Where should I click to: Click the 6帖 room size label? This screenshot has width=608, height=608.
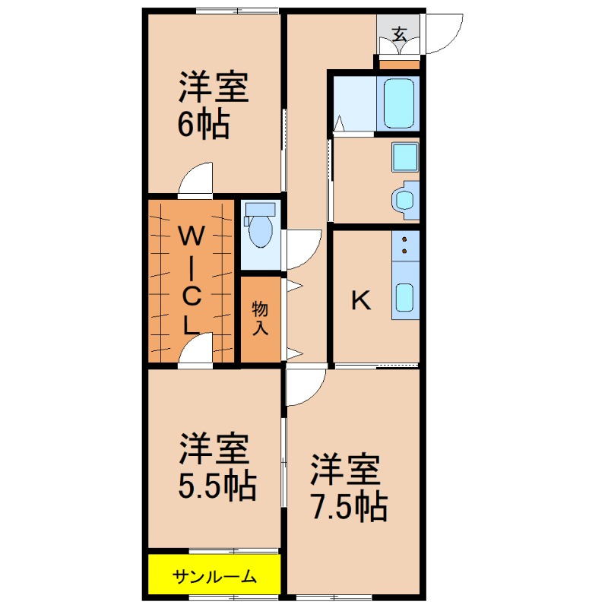(204, 125)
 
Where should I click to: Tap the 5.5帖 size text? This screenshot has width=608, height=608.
(217, 486)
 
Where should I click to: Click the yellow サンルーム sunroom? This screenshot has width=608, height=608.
(214, 576)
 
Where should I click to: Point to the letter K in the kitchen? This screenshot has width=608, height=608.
(360, 302)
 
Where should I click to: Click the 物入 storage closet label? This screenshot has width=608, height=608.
(261, 317)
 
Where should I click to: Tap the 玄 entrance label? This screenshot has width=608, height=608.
(399, 34)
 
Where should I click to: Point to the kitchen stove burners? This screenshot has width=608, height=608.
(405, 245)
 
